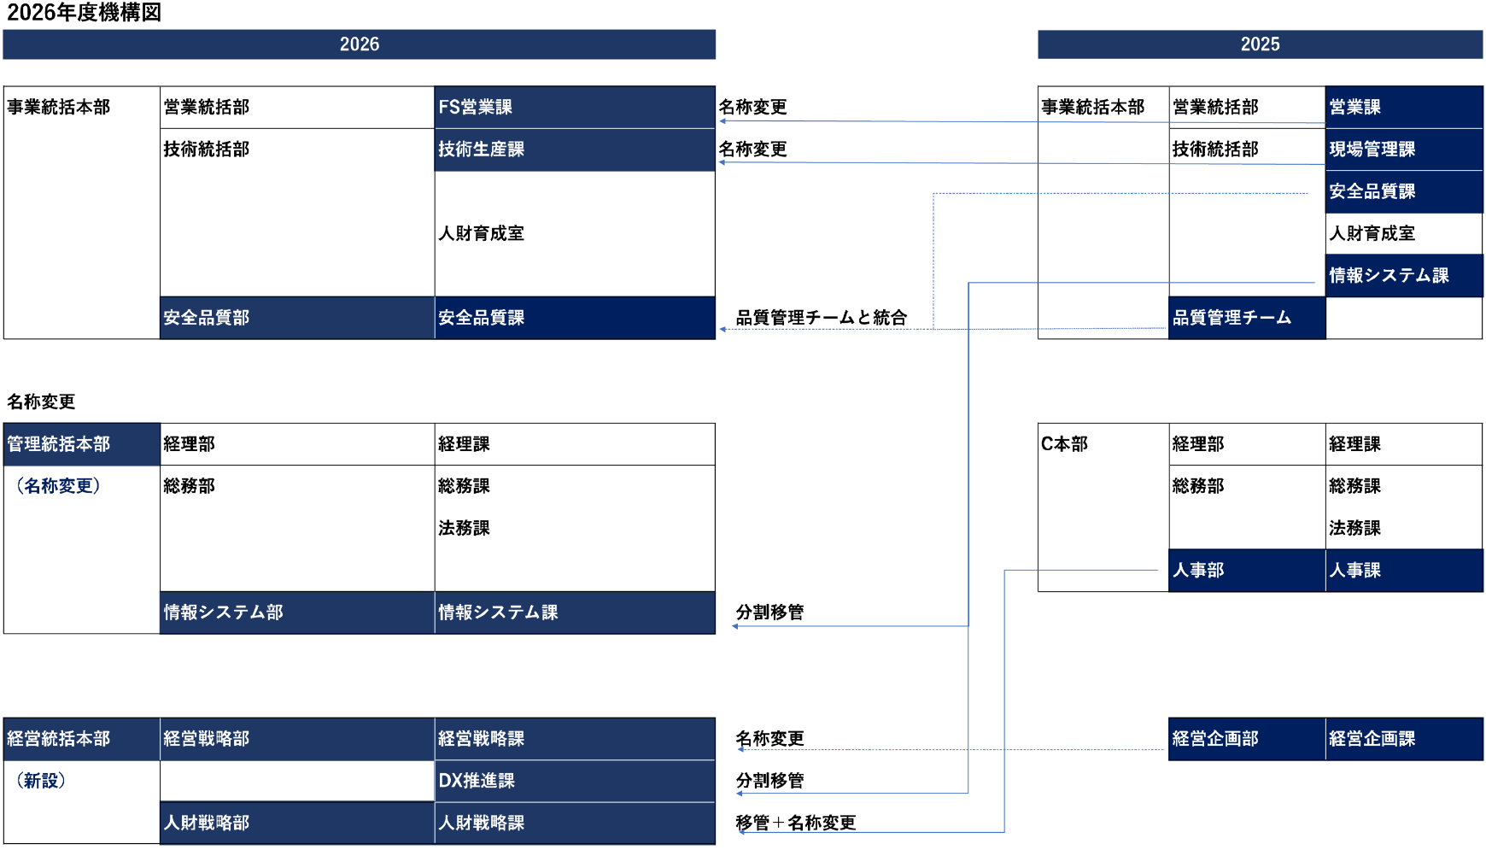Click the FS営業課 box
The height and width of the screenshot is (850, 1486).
pos(574,107)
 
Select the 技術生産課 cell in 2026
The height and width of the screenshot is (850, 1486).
pos(574,149)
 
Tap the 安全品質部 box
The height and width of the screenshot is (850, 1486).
pos(296,318)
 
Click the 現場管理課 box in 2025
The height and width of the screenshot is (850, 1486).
pos(1403,149)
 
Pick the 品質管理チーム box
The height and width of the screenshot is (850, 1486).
pos(1246,318)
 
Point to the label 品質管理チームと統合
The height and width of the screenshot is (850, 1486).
pos(821,318)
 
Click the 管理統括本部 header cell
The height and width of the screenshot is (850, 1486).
pos(81,444)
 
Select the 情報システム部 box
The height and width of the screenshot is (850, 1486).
pos(296,613)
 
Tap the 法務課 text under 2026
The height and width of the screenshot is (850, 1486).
pos(464,528)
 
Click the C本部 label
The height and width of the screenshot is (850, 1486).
pos(1064,444)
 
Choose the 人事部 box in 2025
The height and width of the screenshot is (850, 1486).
pos(1246,570)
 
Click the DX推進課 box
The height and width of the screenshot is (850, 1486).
pos(574,781)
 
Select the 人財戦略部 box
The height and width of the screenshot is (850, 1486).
pos(296,823)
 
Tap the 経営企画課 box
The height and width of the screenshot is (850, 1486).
pos(1403,739)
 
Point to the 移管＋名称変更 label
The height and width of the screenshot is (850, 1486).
pos(795,823)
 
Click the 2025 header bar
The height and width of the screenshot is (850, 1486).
pos(1260,44)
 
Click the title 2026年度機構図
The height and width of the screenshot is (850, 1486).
pos(84,13)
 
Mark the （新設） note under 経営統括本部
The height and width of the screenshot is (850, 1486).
pos(41,781)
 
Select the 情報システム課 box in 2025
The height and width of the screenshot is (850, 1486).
pos(1403,275)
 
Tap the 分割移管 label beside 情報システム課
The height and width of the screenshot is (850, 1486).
pos(769,613)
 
